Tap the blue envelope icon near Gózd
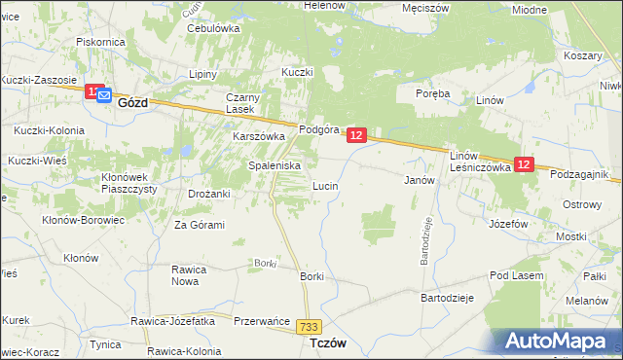[x=104, y=94]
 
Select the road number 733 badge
[x=311, y=329]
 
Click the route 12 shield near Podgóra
[x=356, y=136]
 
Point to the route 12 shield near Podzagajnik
[x=524, y=165]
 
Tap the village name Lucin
[x=324, y=185]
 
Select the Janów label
[x=418, y=181]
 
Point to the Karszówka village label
[x=258, y=137]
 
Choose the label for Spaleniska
[x=275, y=165]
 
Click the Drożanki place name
[x=209, y=194]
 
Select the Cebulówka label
[x=214, y=28]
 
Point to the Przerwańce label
[x=264, y=321]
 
